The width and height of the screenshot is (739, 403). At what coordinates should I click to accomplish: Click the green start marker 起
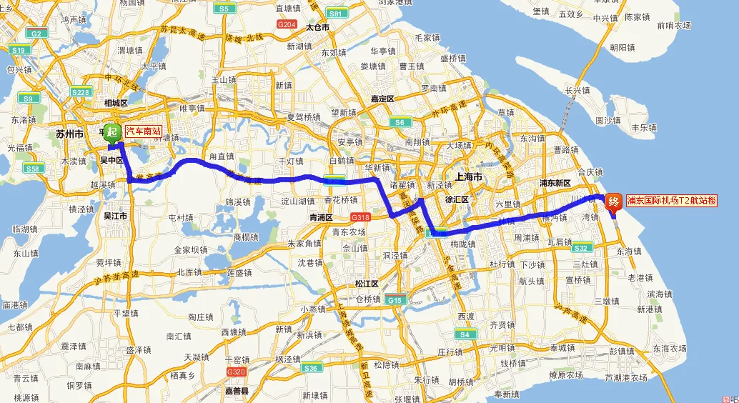[x=111, y=131]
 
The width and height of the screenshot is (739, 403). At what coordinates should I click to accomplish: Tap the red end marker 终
[x=612, y=201]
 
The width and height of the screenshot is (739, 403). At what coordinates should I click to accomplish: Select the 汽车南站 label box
[x=144, y=131]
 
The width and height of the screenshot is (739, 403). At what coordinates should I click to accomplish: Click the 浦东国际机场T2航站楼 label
[x=671, y=201]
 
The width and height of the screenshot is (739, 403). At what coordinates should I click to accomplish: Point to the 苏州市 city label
[x=69, y=134]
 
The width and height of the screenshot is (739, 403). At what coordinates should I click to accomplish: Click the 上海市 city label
[x=468, y=176]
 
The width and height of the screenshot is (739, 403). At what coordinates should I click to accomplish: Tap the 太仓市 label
[x=317, y=27]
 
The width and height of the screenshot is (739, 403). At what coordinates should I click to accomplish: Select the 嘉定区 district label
[x=382, y=99]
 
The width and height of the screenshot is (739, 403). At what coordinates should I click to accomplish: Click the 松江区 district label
[x=366, y=284]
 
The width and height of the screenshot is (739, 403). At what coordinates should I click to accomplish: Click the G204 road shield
[x=287, y=24]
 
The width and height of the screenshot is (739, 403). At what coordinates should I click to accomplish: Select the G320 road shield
[x=235, y=372]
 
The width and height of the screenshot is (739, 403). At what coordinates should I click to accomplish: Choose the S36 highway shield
[x=311, y=368]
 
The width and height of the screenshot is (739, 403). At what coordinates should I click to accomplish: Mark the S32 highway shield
[x=581, y=248]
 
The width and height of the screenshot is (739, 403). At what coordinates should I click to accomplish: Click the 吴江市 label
[x=116, y=215]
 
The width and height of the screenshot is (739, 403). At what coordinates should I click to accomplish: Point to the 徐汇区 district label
[x=455, y=199]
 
